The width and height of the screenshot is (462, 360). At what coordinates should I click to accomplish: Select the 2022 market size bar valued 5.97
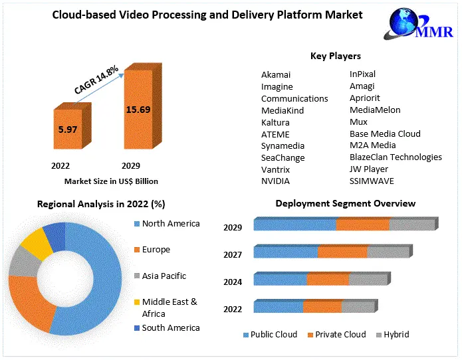[x=68, y=130]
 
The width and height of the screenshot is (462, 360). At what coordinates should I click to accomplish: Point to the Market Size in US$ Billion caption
[x=111, y=181]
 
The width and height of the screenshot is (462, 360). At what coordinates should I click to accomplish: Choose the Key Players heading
[x=335, y=56]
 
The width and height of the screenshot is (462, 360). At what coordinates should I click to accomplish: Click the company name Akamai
[x=276, y=75]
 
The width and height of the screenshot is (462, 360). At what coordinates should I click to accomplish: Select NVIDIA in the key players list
[x=275, y=181]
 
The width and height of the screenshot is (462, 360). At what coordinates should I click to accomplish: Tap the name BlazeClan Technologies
[x=396, y=157]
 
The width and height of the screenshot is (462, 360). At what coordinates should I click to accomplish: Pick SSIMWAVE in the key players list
[x=373, y=181]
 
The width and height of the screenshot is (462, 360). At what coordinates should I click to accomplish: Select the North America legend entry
[x=170, y=224]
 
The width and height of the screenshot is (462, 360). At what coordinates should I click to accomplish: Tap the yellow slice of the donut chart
[x=37, y=243]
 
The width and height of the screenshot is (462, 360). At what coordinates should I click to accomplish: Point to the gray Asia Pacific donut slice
[x=21, y=262]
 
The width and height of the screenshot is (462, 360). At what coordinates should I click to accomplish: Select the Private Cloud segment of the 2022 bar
[x=322, y=307]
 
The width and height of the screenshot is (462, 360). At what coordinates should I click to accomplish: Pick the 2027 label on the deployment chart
[x=233, y=254]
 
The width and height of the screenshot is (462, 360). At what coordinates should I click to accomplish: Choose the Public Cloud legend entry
[x=273, y=335]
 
